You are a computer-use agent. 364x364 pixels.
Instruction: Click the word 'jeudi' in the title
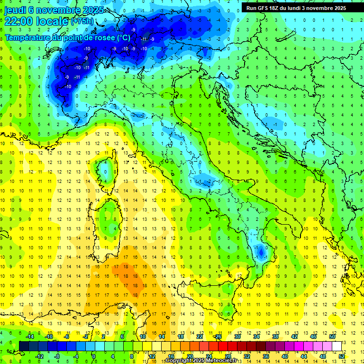coord(15,10)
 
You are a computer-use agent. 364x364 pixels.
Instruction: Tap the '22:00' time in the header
coord(18,21)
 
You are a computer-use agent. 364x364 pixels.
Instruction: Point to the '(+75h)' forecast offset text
coord(82,21)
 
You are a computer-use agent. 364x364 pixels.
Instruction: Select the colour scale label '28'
coord(227,356)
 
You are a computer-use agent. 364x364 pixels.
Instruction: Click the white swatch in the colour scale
coord(337,346)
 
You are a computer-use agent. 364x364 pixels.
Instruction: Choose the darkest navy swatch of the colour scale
coord(24,346)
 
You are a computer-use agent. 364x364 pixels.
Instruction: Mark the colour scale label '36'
coord(265,356)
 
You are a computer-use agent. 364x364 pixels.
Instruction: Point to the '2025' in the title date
coord(81,10)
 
